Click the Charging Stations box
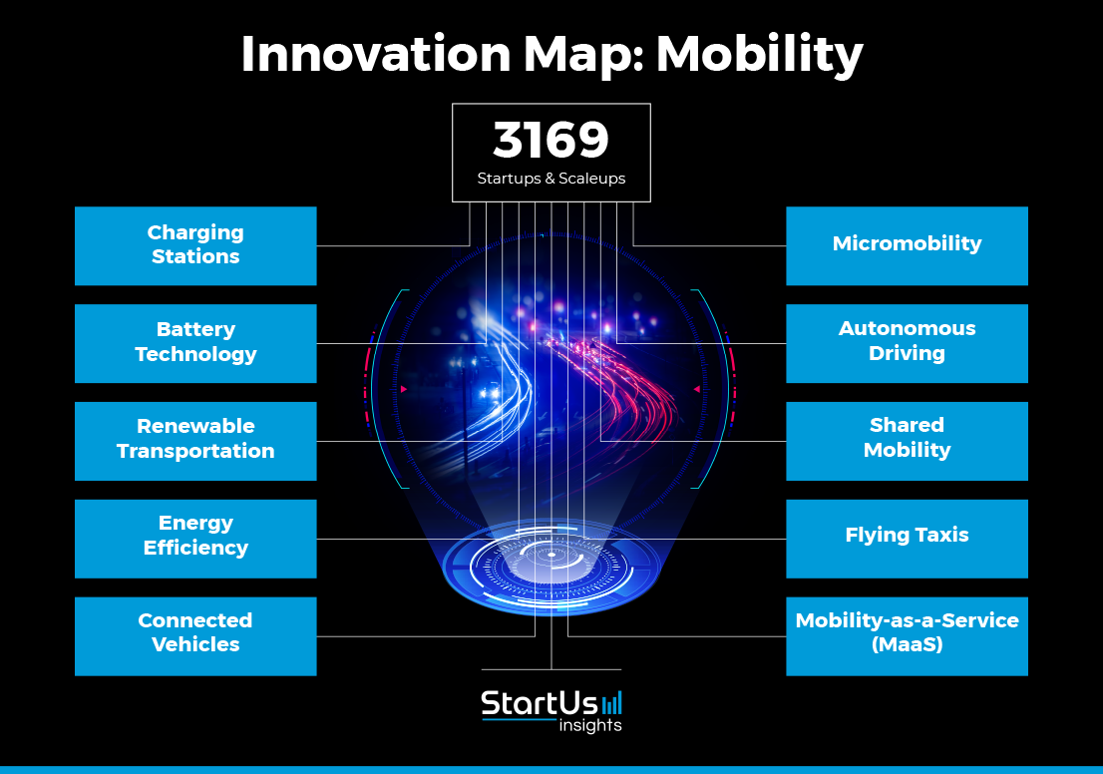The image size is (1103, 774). (195, 245)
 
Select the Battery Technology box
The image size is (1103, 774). (195, 343)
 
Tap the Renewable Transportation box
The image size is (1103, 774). (195, 441)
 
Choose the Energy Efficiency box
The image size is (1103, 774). (195, 539)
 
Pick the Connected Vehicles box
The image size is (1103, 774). (195, 636)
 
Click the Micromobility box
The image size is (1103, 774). (907, 245)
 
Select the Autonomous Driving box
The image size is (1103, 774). (907, 343)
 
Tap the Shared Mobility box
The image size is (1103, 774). (907, 441)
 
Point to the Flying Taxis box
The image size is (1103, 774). (907, 539)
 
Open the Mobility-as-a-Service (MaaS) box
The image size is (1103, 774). (907, 636)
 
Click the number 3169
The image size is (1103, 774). (551, 140)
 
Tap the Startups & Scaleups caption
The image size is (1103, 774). (551, 178)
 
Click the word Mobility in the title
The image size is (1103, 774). (759, 55)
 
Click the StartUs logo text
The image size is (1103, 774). (539, 703)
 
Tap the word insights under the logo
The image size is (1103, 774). (590, 725)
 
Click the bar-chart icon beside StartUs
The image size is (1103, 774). (612, 703)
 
